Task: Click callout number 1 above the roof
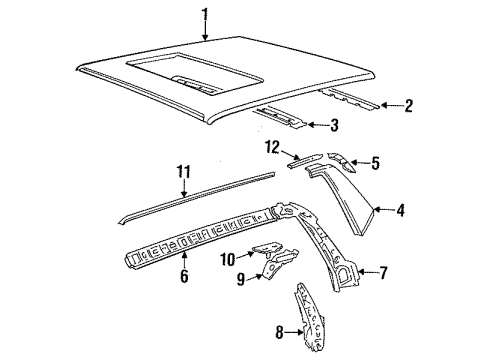[x=204, y=14]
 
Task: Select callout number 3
[x=336, y=125]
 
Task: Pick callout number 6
[x=184, y=275]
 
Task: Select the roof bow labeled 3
[x=285, y=119]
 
